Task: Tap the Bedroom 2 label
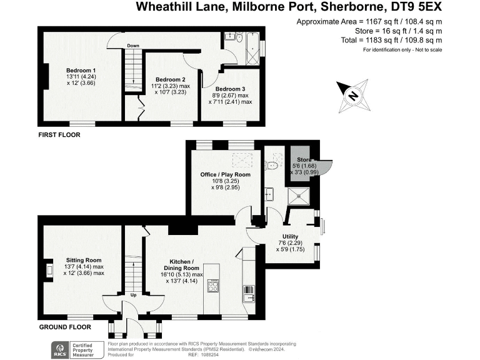pyautogui.click(x=170, y=79)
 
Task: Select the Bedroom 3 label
pyautogui.click(x=230, y=89)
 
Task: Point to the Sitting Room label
pyautogui.click(x=84, y=259)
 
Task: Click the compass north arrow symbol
pyautogui.click(x=352, y=95)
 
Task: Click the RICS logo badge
pyautogui.click(x=62, y=348)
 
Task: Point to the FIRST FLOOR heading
pyautogui.click(x=59, y=134)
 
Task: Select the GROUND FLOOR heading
pyautogui.click(x=64, y=327)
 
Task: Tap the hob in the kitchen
pyautogui.click(x=212, y=286)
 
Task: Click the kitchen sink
pyautogui.click(x=248, y=291)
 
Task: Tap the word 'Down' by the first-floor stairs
pyautogui.click(x=133, y=46)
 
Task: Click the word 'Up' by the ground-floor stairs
pyautogui.click(x=134, y=295)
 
